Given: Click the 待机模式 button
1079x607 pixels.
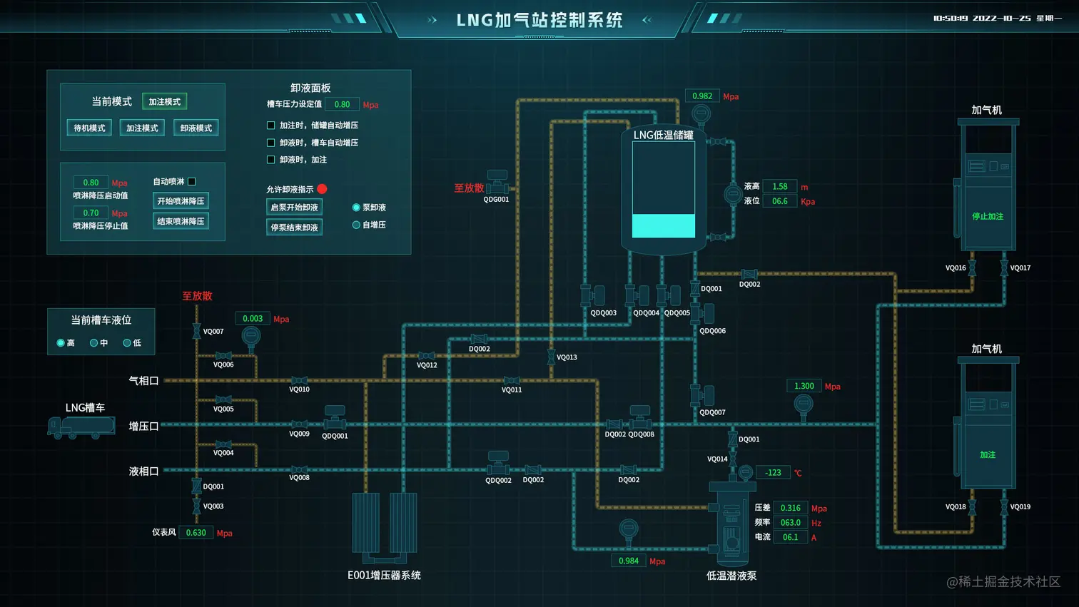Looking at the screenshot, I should click(x=89, y=128).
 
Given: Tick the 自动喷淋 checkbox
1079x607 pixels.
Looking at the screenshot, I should click(x=191, y=182).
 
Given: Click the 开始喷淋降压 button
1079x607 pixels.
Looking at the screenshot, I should click(x=181, y=201).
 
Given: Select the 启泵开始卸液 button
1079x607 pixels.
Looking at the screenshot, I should click(x=294, y=208).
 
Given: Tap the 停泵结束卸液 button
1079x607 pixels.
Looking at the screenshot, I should click(x=294, y=228).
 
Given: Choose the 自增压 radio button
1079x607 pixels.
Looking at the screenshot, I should click(x=356, y=225).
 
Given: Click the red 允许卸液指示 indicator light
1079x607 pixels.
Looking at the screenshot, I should click(x=322, y=189).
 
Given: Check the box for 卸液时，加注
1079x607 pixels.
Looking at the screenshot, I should click(x=270, y=160).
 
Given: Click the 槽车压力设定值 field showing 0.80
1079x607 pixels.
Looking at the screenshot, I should click(x=342, y=104).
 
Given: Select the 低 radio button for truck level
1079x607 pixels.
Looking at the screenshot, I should click(x=127, y=343).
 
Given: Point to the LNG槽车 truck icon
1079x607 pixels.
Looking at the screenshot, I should click(x=81, y=427).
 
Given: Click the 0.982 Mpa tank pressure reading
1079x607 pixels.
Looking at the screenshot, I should click(x=702, y=96).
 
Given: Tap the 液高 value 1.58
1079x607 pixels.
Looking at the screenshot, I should click(x=779, y=187).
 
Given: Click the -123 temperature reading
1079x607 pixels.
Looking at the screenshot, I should click(x=773, y=473).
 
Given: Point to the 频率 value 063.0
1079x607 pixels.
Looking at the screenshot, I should click(x=790, y=523).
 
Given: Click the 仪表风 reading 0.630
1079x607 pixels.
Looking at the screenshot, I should click(x=196, y=533).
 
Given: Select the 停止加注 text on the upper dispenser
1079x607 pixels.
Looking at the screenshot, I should click(x=988, y=216).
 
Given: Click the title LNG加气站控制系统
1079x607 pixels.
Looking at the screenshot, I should click(x=539, y=20).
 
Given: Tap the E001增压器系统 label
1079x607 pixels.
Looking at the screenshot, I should click(x=384, y=576).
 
